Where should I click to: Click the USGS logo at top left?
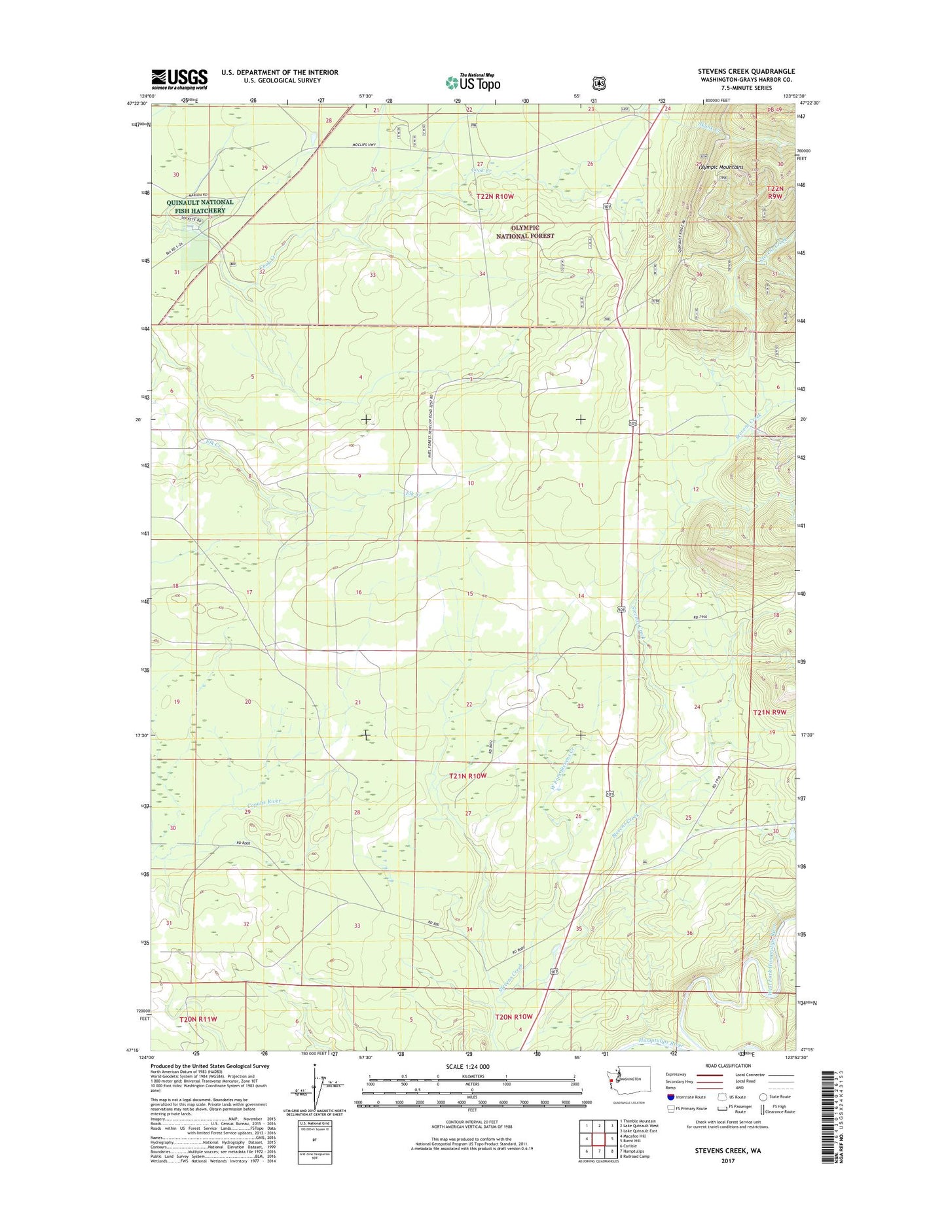tap(179, 79)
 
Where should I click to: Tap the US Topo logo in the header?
tap(473, 82)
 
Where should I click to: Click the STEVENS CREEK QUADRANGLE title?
tap(746, 71)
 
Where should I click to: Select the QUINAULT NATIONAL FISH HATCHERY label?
tap(199, 207)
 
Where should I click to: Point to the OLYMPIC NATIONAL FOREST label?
tap(525, 232)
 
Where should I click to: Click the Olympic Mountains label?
tap(720, 167)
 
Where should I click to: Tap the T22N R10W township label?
tap(496, 196)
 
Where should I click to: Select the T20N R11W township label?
tap(198, 1019)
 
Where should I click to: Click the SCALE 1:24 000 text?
tap(467, 1085)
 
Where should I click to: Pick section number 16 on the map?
tap(358, 592)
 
